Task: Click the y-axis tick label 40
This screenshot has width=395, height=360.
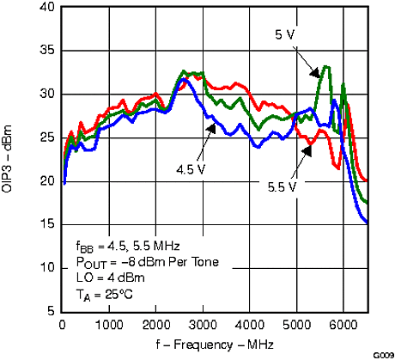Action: click(x=46, y=7)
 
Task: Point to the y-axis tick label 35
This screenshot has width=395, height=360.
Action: click(x=46, y=50)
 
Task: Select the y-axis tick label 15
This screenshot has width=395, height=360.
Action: click(x=46, y=224)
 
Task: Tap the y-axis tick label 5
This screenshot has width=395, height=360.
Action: click(x=50, y=311)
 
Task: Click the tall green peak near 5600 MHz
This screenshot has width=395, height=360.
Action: click(x=325, y=66)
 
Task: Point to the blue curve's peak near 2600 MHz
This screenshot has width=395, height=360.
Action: click(x=183, y=79)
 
